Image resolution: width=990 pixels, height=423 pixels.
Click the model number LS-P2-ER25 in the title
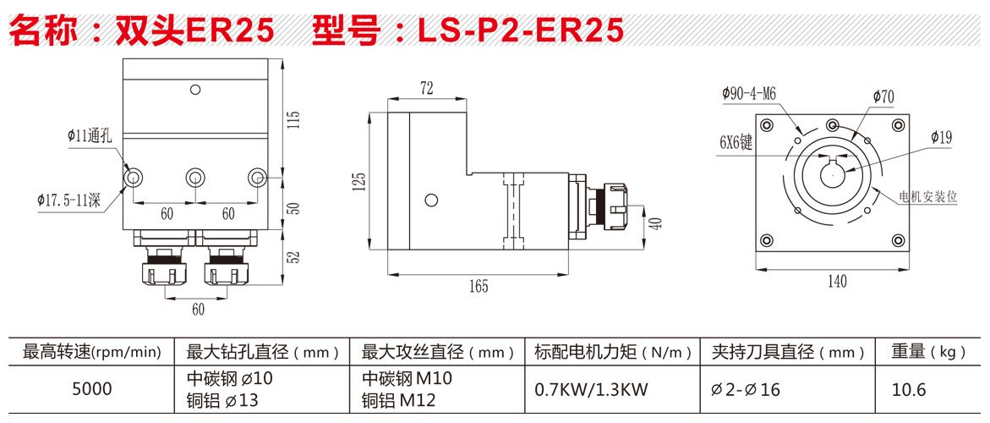(x=521, y=31)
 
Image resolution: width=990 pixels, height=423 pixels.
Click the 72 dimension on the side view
(x=426, y=87)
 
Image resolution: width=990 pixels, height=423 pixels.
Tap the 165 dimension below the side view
(x=479, y=286)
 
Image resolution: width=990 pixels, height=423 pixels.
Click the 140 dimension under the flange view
(x=836, y=282)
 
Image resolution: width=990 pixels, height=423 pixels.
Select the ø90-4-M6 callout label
(x=749, y=94)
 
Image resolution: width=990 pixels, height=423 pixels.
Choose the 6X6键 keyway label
(x=735, y=144)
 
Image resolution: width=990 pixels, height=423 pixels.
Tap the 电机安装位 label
(x=928, y=195)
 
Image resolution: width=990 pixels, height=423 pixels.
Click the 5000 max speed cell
(x=92, y=389)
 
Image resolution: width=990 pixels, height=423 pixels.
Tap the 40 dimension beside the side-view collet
(x=655, y=222)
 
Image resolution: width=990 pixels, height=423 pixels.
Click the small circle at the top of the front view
(x=196, y=89)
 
